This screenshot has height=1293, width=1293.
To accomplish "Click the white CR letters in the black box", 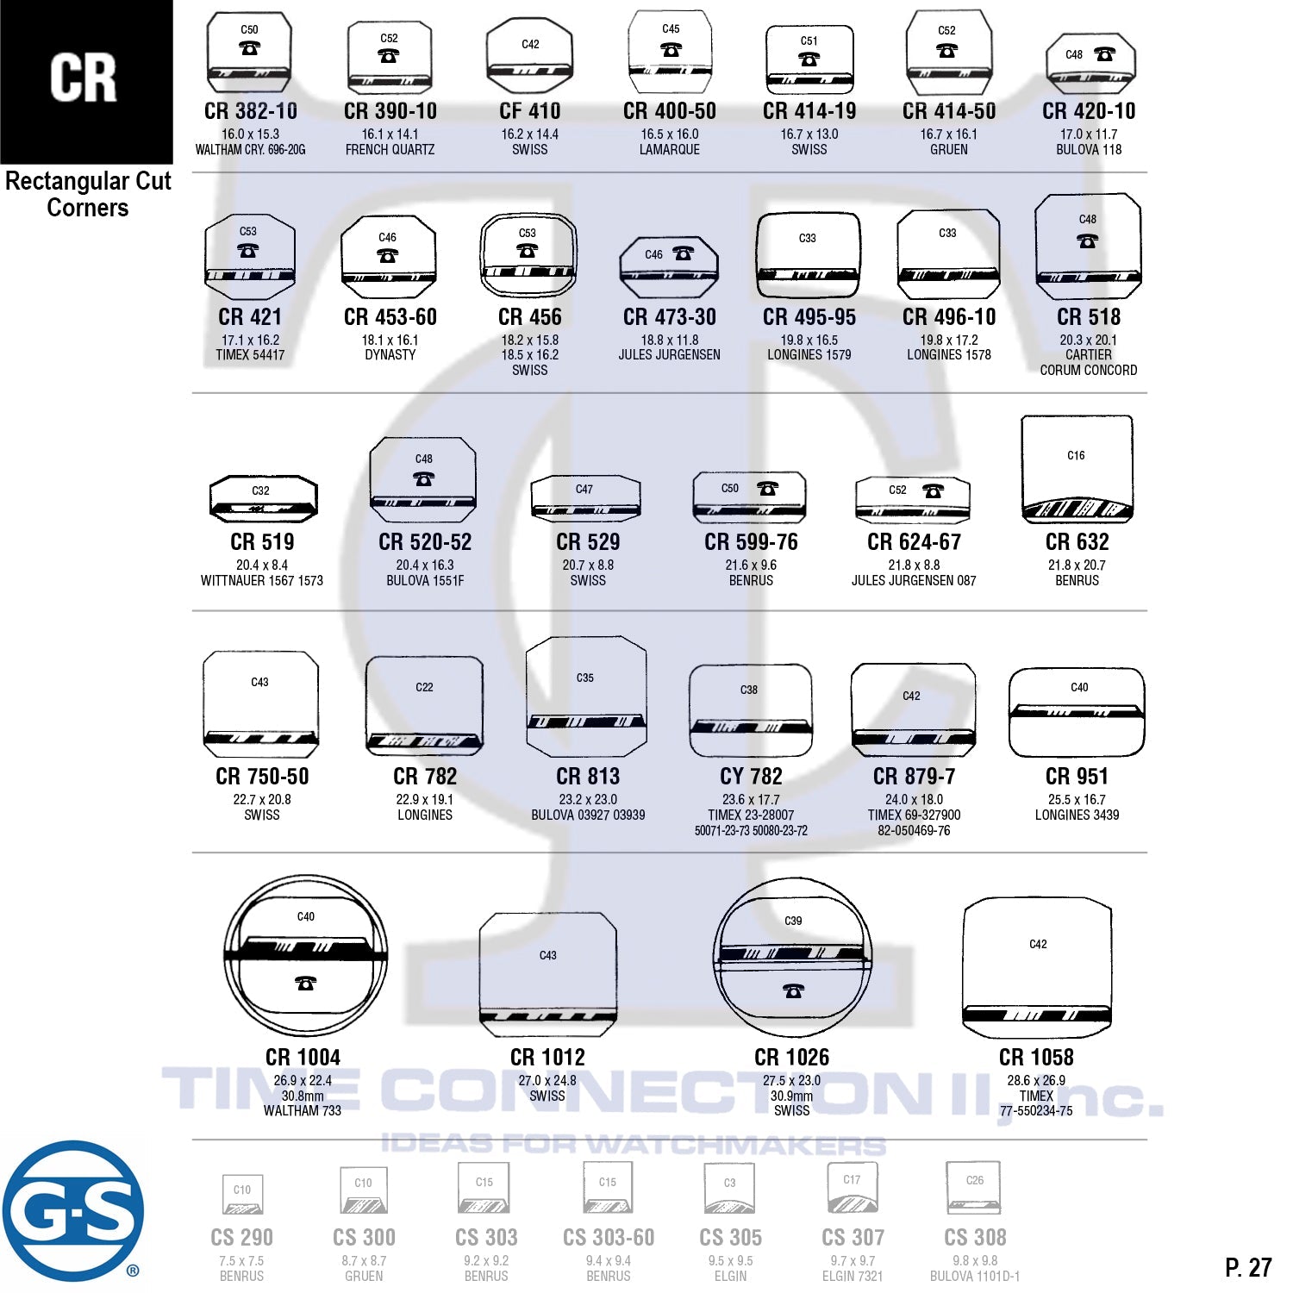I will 84,78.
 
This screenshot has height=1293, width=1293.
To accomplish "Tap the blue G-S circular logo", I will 72,1211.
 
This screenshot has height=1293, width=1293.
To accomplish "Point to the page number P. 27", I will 1247,1267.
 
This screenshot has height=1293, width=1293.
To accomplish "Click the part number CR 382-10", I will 251,111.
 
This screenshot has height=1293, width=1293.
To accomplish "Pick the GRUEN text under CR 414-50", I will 949,150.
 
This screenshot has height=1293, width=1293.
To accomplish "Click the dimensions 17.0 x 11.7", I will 1089,134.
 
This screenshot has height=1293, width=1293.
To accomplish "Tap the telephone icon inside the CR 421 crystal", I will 248,251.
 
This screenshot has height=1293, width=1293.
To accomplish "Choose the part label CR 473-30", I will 670,317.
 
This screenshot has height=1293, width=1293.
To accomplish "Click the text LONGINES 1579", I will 809,355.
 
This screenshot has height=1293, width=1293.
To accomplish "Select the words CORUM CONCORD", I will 1089,371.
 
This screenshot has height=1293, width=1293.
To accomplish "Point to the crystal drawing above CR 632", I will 1077,470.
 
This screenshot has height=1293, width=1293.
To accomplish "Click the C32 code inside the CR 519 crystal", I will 260,490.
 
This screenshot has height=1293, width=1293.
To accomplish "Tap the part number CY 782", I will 751,777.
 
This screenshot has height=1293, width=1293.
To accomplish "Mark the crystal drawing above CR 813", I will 586,696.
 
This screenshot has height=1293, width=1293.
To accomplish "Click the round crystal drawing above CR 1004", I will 305,956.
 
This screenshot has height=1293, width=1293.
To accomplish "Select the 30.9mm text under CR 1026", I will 791,1096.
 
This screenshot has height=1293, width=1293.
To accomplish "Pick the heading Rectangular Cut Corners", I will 88,194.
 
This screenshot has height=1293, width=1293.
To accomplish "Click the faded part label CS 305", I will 731,1238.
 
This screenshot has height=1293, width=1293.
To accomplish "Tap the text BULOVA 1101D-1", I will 975,1276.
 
